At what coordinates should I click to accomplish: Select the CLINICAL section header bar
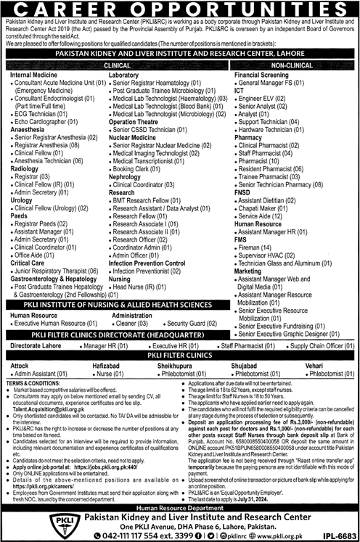pos(116,65)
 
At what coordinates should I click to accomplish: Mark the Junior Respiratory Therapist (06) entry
pos(59,270)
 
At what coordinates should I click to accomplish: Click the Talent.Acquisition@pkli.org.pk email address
pos(43,409)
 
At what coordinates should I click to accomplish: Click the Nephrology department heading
pos(126,176)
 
